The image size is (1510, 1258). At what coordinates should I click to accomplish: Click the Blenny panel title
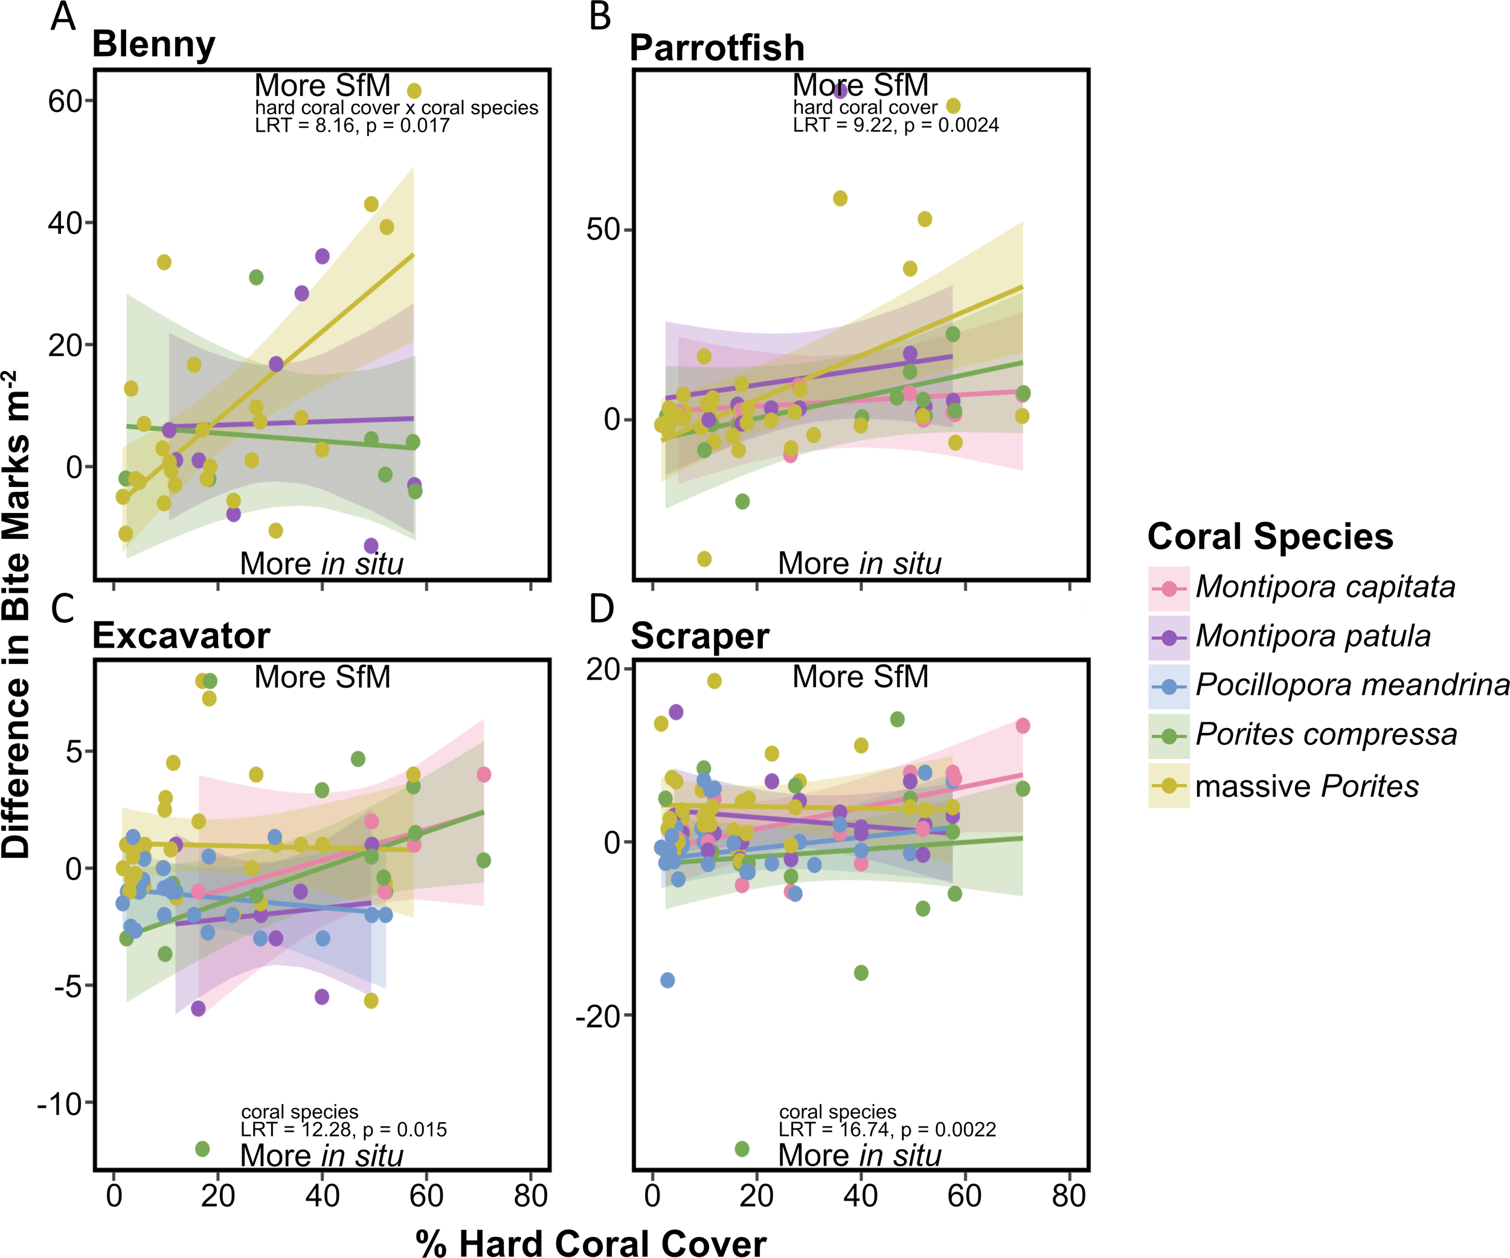153,45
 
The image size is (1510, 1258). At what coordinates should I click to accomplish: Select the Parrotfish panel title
716,48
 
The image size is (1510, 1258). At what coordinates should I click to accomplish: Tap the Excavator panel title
181,636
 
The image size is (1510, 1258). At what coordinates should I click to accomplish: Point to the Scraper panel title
699,636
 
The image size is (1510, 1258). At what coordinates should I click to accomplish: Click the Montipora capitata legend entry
1325,587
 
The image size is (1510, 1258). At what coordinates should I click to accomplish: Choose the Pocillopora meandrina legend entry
1351,685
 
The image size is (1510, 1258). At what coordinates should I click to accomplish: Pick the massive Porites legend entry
1306,786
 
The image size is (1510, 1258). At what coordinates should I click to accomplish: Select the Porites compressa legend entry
1326,734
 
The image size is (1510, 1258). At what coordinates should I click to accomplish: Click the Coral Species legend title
1270,537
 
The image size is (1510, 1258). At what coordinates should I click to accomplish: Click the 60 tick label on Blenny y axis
65,102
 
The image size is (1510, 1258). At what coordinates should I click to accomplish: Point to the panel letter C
63,608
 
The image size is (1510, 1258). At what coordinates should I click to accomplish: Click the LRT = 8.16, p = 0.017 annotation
352,125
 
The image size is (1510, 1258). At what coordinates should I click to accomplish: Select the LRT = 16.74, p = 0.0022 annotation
887,1129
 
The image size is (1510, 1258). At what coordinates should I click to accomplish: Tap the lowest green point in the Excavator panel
202,1149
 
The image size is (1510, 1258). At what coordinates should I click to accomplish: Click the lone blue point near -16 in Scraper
667,981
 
